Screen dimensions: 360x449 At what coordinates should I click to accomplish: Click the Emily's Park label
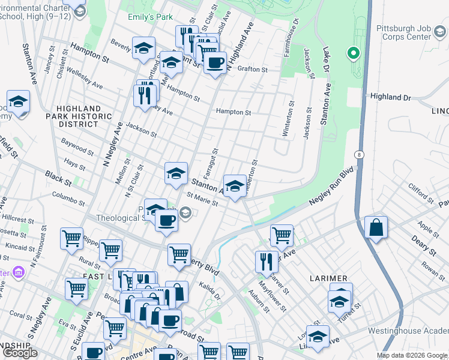[150, 17]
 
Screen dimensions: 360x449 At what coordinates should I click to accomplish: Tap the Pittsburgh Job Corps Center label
[403, 32]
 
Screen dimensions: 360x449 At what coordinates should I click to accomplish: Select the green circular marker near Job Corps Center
[354, 53]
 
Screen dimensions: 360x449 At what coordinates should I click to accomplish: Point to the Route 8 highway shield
[359, 154]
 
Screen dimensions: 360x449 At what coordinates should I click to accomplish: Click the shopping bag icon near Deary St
[376, 228]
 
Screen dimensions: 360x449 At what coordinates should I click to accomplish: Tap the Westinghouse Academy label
[408, 331]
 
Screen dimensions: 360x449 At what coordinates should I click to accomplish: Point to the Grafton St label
[252, 70]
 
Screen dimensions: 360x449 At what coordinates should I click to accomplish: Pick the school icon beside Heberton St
[235, 186]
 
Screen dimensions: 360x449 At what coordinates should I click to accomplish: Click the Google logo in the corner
[20, 353]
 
